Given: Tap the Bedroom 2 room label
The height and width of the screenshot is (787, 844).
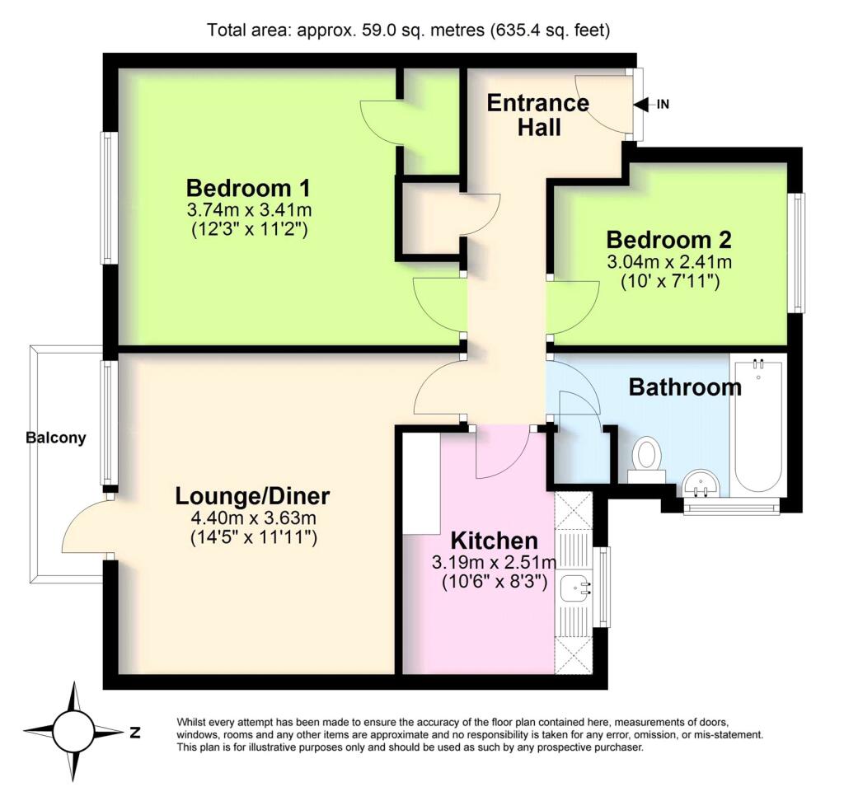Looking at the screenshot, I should click(x=668, y=240).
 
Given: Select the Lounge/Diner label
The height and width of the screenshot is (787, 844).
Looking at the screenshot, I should click(x=252, y=496).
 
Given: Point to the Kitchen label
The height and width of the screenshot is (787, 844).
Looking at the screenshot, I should click(x=494, y=541).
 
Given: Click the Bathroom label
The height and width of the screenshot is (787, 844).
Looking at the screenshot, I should click(x=684, y=386).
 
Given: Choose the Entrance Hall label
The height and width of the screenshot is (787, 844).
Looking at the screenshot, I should click(x=538, y=115).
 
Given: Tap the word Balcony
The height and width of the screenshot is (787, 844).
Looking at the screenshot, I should click(x=56, y=438).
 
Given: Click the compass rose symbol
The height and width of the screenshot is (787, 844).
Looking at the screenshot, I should click(x=74, y=731).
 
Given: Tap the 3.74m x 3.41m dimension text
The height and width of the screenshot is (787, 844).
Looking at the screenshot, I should click(x=250, y=209).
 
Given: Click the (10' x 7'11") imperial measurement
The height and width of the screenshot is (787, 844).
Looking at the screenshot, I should click(x=670, y=281).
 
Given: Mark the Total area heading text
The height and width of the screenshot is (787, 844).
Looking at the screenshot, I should click(x=410, y=31).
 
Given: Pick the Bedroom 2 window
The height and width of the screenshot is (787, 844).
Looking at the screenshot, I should click(x=797, y=252).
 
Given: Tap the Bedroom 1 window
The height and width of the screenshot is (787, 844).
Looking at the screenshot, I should click(x=107, y=198).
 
